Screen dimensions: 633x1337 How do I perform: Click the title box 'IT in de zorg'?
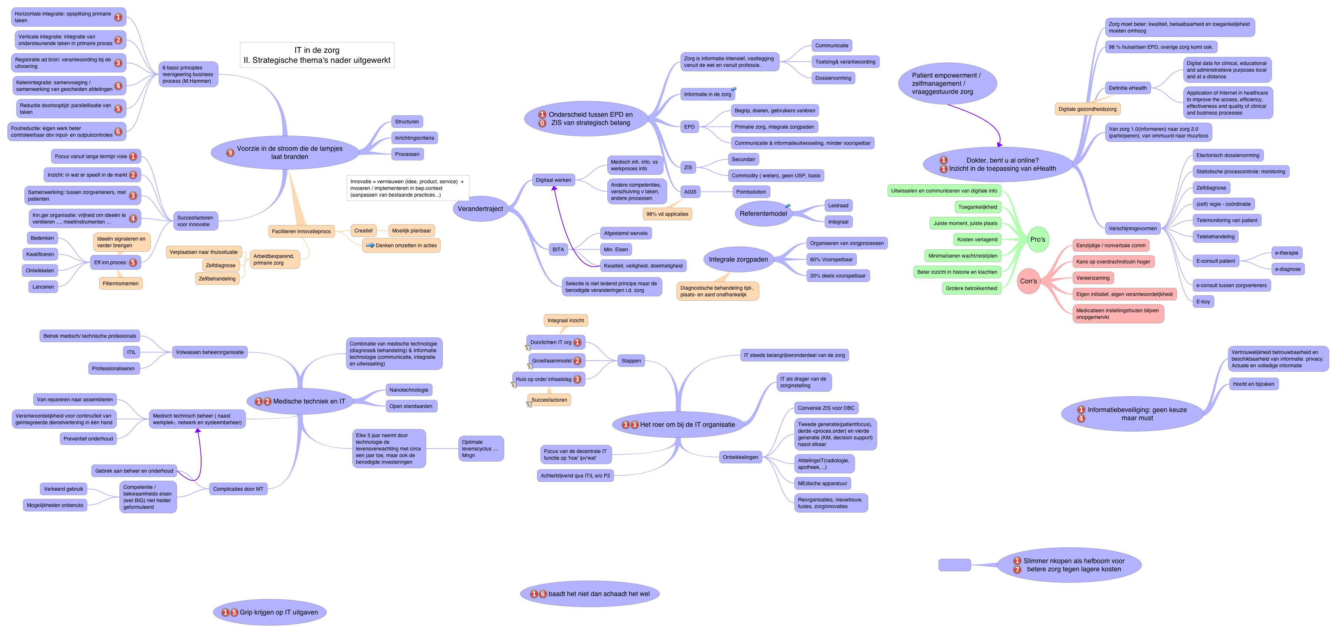[317, 55]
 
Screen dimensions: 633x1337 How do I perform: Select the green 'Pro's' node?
[1038, 239]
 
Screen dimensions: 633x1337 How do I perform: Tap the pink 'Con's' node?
[1028, 281]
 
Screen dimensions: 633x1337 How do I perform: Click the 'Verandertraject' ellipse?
[480, 208]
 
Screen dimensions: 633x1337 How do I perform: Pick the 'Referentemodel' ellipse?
[763, 213]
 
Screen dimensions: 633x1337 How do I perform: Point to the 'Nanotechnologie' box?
[408, 389]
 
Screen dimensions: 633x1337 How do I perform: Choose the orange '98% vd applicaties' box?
[667, 214]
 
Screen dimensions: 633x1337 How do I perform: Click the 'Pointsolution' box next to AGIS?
[750, 191]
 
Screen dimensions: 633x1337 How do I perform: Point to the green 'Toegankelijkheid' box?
[977, 207]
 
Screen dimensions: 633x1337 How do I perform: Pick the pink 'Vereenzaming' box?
[1093, 278]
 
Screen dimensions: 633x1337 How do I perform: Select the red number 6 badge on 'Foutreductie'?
[118, 132]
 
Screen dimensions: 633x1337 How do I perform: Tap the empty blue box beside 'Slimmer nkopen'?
[954, 565]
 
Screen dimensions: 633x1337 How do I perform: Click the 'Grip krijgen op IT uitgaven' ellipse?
[269, 612]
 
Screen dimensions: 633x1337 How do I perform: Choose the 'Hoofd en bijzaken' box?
[1253, 384]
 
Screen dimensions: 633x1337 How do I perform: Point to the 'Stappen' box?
[631, 361]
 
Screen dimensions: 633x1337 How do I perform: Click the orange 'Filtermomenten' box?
[121, 283]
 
